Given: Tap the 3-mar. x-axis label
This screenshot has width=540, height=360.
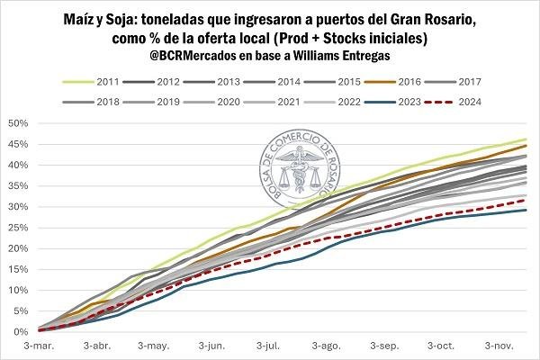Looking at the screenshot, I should click(38, 345).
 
